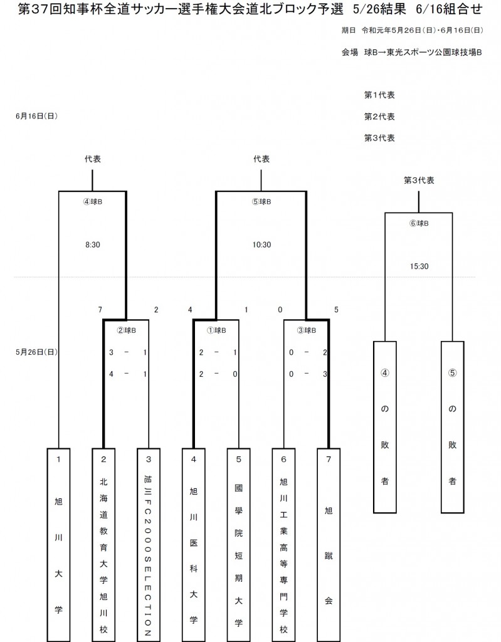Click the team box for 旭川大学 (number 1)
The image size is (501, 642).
click(x=58, y=543)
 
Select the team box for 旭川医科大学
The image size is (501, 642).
click(x=194, y=543)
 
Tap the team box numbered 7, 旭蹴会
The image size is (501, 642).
click(x=329, y=543)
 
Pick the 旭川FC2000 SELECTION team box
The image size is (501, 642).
click(x=149, y=543)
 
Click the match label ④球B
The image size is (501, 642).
click(x=93, y=202)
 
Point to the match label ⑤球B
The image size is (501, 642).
click(x=261, y=202)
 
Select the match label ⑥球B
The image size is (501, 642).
click(x=419, y=223)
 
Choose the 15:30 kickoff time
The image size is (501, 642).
click(x=419, y=266)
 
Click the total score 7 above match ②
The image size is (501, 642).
click(x=100, y=309)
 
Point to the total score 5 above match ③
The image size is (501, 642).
click(x=337, y=309)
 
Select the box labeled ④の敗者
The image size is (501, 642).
click(x=386, y=426)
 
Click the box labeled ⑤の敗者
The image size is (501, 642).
click(x=452, y=426)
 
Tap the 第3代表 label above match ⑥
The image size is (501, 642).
click(x=419, y=180)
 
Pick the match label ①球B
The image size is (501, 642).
click(x=216, y=330)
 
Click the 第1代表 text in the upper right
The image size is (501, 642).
click(x=379, y=95)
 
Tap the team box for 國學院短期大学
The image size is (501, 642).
click(x=239, y=543)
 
